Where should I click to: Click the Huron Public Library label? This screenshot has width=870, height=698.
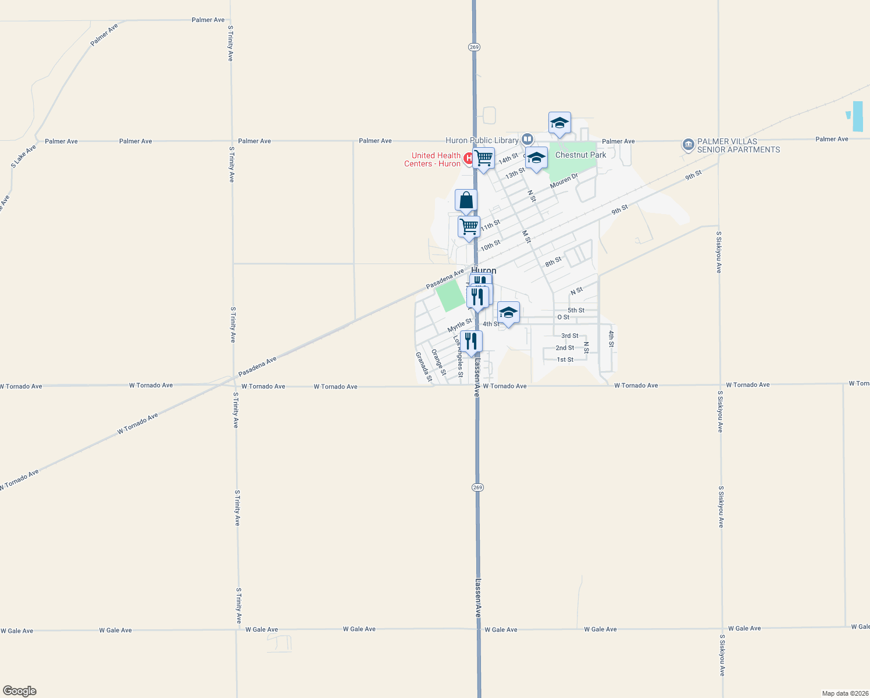coord(482,140)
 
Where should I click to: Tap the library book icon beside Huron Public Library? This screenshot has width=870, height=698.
coord(527,139)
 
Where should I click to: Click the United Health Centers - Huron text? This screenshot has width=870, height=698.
coord(433,159)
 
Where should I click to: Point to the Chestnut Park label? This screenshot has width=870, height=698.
coord(580,155)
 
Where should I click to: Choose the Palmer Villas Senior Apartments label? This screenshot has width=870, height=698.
coord(739,145)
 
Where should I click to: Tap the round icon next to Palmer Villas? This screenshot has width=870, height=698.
coord(688,144)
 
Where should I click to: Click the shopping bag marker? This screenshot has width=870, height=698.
coord(466,201)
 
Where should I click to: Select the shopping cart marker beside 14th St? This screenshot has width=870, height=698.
coord(483,158)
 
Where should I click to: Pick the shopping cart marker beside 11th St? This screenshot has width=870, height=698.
coord(469,227)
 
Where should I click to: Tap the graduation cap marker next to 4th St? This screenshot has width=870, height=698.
coord(508,313)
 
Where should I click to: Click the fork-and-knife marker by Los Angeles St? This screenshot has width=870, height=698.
coord(471,341)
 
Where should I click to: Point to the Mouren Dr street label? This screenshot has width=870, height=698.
coord(564,180)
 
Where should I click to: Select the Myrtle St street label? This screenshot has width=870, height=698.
coord(459,325)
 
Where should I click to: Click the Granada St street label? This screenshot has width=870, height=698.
coord(424,367)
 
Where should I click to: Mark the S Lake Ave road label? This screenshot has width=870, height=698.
coord(23,156)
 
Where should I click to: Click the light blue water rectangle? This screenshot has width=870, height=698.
coord(858,116)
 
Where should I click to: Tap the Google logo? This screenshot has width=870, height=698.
coord(20,691)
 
